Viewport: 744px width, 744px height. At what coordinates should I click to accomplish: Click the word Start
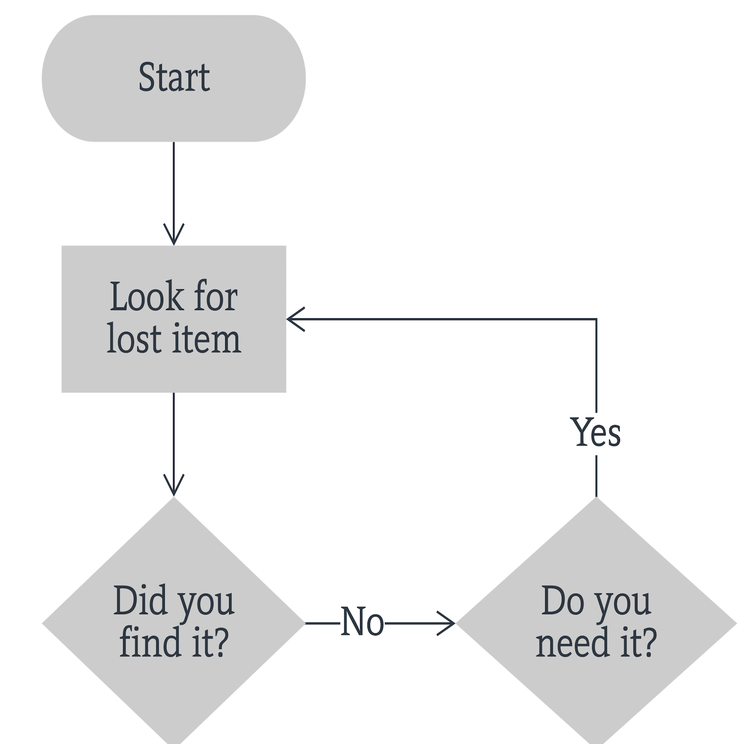coord(174,78)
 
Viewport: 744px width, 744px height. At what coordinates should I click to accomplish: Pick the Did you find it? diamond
coord(174,694)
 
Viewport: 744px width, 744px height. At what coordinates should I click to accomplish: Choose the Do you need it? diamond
coord(596,694)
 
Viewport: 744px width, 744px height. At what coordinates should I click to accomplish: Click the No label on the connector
coord(363,622)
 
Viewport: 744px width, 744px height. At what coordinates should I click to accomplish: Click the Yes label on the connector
coord(596,433)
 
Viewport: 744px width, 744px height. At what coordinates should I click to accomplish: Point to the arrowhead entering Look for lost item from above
coord(174,236)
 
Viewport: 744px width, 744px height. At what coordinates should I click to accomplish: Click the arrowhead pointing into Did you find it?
coord(174,487)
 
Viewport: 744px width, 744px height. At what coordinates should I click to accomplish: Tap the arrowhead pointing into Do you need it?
coord(446,623)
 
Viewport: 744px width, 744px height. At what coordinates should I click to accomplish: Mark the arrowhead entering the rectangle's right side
coord(296,319)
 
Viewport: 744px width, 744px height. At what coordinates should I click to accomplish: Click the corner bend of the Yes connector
coord(596,319)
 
